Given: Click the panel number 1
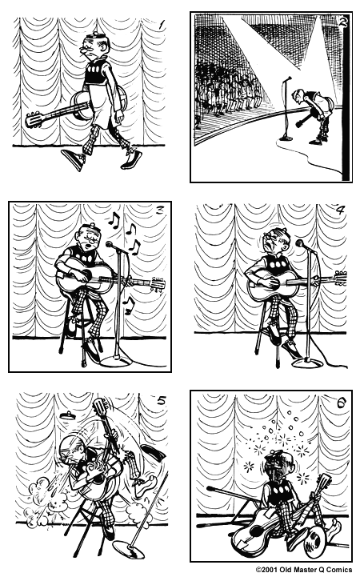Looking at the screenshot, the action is (x=161, y=25).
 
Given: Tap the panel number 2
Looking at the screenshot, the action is (x=342, y=22).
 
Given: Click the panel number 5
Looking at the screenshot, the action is (x=162, y=400).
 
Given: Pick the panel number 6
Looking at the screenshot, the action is (x=341, y=403).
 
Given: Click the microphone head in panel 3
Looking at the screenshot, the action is (x=110, y=244).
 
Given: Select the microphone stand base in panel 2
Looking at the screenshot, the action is (x=286, y=138).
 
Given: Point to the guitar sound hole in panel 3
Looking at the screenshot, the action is (x=86, y=274).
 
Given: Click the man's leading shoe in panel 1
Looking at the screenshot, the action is (x=74, y=158).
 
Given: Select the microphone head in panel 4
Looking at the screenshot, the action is (x=300, y=242).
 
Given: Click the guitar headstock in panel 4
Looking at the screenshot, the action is (x=341, y=278).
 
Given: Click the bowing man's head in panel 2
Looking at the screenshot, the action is (x=298, y=97).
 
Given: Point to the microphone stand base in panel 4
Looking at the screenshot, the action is (x=307, y=363).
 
